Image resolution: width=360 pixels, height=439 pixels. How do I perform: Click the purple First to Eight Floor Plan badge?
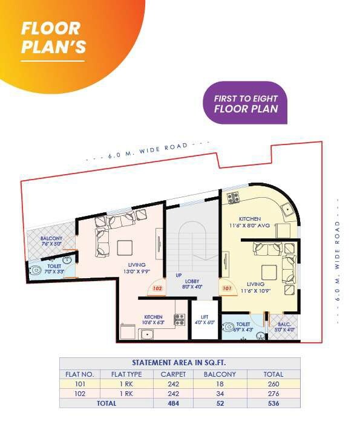tap(245, 103)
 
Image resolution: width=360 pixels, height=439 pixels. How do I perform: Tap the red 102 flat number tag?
tap(157, 289)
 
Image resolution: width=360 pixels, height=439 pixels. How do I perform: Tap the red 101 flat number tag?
tap(227, 289)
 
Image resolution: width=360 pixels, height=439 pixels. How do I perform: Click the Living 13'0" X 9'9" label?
tap(137, 268)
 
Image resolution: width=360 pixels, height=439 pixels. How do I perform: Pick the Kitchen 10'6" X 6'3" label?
tap(153, 319)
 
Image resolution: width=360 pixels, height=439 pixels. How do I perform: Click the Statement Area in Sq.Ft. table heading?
tap(179, 363)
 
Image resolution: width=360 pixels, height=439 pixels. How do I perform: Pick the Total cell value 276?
tap(273, 393)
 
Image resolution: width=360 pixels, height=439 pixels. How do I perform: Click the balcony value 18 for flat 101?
tap(221, 383)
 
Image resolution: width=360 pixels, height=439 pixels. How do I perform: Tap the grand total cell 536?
tap(273, 403)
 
